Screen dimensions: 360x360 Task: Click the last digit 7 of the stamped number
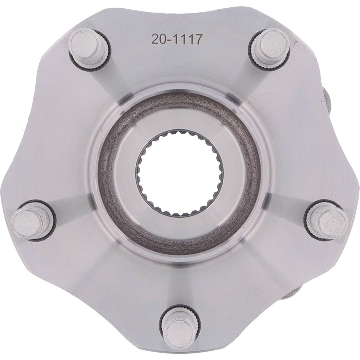(x=199, y=39)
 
